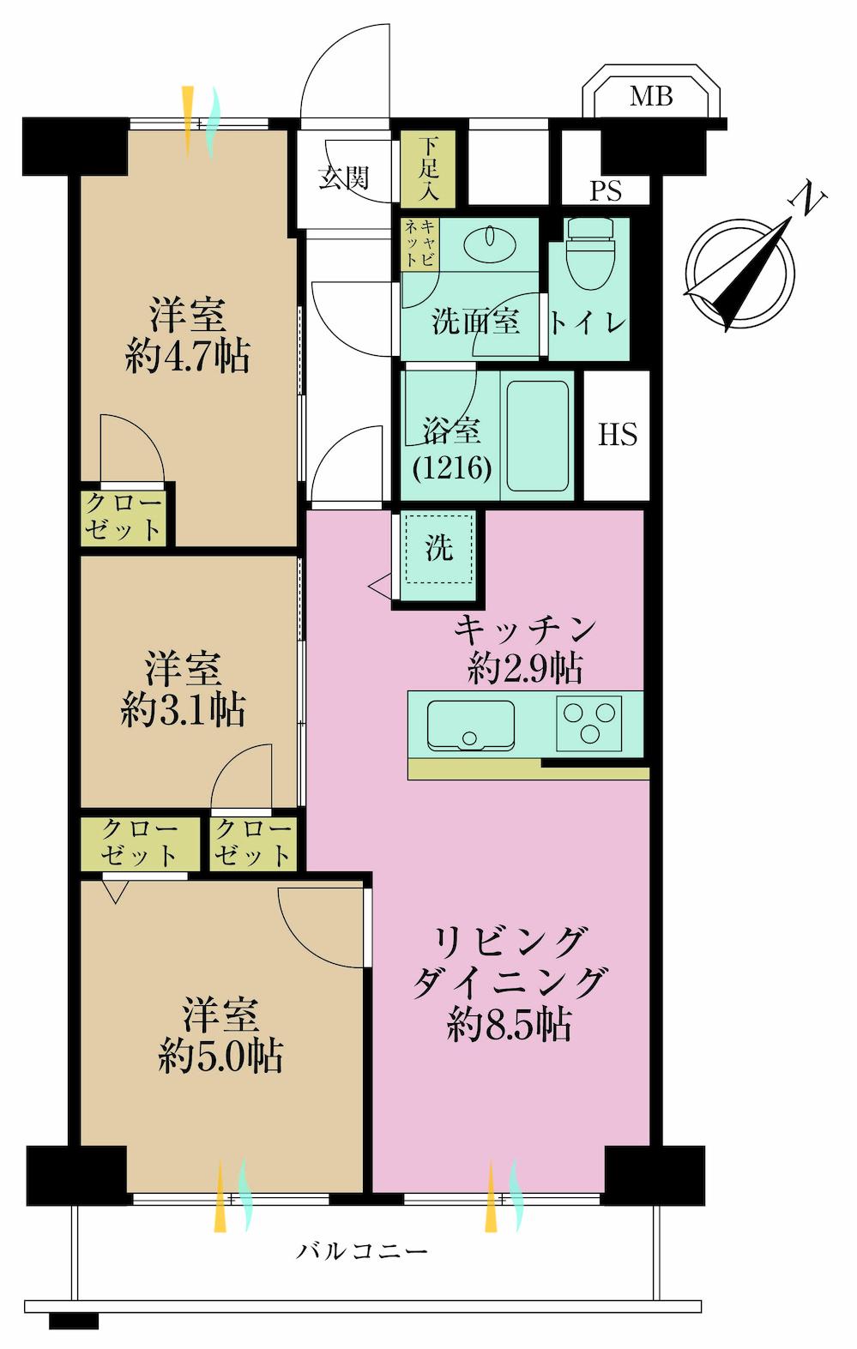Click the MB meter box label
(651, 96)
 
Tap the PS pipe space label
(605, 190)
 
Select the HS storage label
(618, 435)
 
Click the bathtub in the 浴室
(538, 433)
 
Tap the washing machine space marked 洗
(438, 549)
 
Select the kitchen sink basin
(470, 726)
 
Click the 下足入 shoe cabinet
(429, 168)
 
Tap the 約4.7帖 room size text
(187, 356)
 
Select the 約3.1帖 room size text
(184, 710)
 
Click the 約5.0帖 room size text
(220, 1057)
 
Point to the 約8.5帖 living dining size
(510, 1024)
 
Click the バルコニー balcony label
(362, 1252)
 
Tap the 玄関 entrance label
(343, 178)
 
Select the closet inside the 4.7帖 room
(124, 516)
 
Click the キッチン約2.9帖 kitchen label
(525, 649)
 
